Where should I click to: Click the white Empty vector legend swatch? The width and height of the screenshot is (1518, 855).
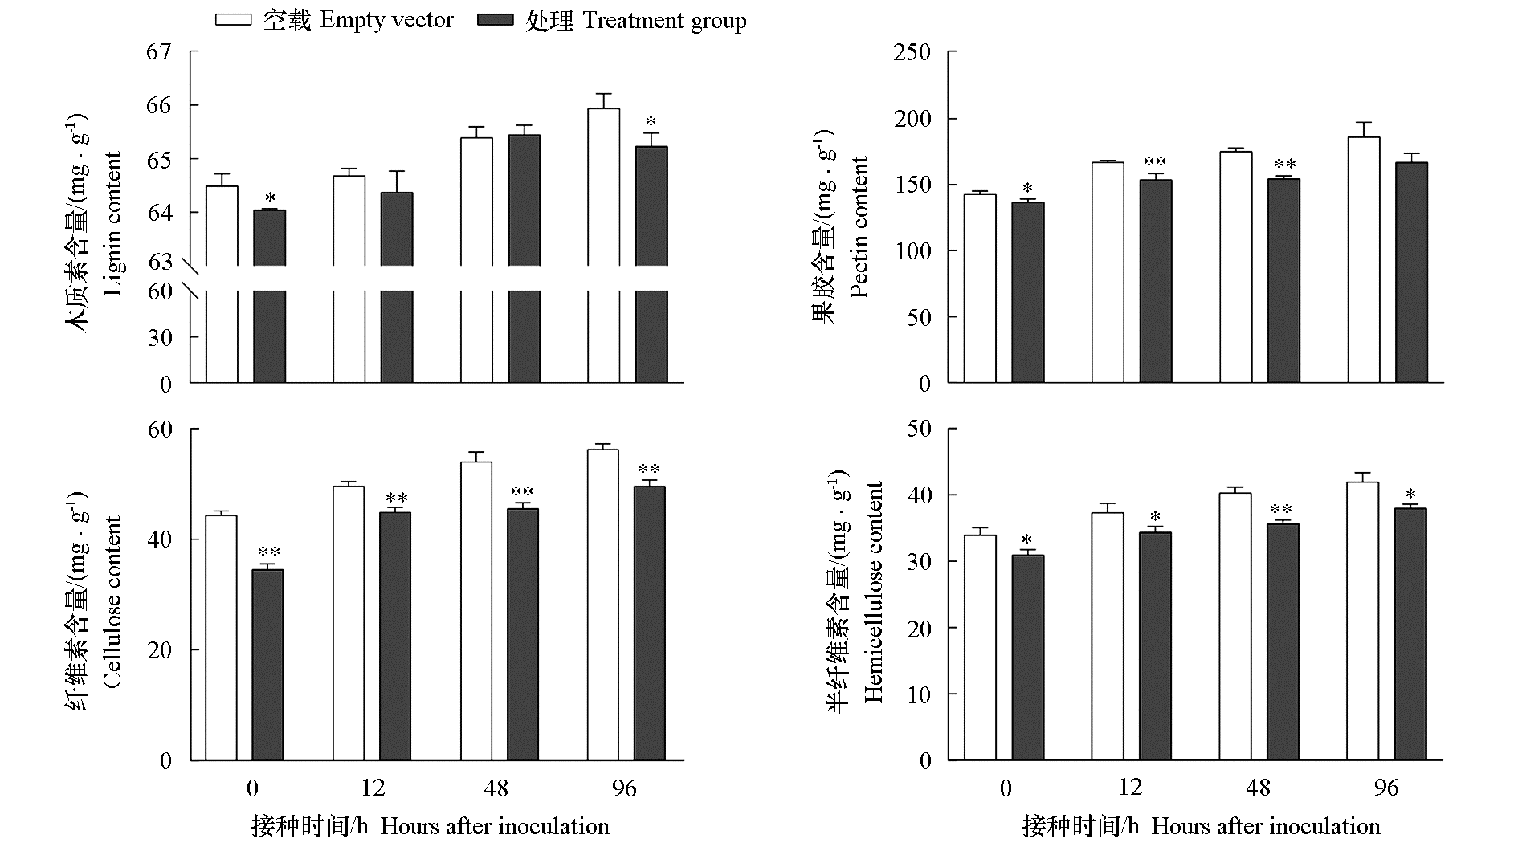point(233,21)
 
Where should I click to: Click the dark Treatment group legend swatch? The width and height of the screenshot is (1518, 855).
point(495,21)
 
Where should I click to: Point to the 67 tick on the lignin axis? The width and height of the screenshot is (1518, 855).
point(159,52)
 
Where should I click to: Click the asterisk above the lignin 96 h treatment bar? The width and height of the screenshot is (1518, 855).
point(651,123)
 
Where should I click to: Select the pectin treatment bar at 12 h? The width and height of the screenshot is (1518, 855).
point(1156,281)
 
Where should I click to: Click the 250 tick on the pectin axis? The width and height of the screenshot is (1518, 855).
point(912,53)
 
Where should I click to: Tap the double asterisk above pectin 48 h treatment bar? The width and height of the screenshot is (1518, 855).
point(1284,166)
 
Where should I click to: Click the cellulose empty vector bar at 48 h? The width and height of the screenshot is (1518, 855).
point(476,610)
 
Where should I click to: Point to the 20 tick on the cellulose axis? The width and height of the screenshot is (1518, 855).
point(161,650)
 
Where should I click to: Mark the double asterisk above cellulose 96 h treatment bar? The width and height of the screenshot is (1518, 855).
point(649,470)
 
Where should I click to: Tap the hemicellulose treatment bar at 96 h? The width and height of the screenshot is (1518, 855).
point(1410,634)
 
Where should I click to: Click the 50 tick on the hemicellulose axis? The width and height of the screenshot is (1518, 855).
point(919,429)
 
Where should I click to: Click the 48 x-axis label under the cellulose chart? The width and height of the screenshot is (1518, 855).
point(496,788)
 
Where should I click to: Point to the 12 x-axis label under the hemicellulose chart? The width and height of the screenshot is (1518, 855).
point(1130,788)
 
